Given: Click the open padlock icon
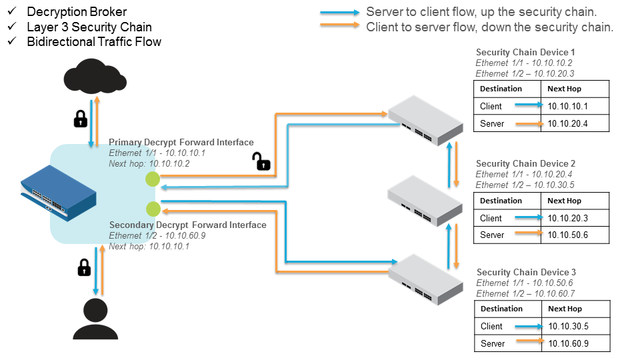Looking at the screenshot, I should point(260,161).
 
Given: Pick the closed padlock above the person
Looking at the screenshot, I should point(84,267).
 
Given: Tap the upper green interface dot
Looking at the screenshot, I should point(153,179).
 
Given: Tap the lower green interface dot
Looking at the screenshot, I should point(153,209).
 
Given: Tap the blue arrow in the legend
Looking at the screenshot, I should point(339,13).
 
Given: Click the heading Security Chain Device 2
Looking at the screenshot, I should point(525,163).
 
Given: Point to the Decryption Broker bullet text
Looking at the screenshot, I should point(77,12).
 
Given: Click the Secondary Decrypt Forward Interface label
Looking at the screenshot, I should point(187,225).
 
